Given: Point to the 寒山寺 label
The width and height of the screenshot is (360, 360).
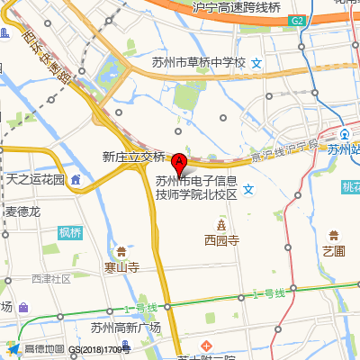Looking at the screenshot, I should click(x=121, y=267).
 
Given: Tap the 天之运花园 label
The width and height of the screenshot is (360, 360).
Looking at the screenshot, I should click(x=36, y=179).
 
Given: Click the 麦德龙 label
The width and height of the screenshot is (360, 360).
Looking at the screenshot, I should click(x=23, y=211).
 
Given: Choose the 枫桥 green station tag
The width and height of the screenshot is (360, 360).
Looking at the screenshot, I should click(x=70, y=233).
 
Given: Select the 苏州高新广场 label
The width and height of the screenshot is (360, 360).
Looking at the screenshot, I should click(x=125, y=328).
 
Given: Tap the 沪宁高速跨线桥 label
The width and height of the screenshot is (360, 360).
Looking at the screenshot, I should click(x=237, y=6).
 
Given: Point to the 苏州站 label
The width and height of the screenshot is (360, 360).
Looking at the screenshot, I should click(x=343, y=150).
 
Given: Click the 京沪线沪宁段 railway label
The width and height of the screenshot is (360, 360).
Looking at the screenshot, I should click(x=284, y=150).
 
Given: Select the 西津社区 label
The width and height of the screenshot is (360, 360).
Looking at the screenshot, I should click(x=50, y=279).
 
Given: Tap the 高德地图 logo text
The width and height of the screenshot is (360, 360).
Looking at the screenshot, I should click(x=43, y=349).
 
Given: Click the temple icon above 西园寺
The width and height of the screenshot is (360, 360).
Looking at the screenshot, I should click(x=220, y=223).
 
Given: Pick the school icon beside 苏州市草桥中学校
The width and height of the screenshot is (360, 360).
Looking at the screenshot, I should click(x=256, y=63).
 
